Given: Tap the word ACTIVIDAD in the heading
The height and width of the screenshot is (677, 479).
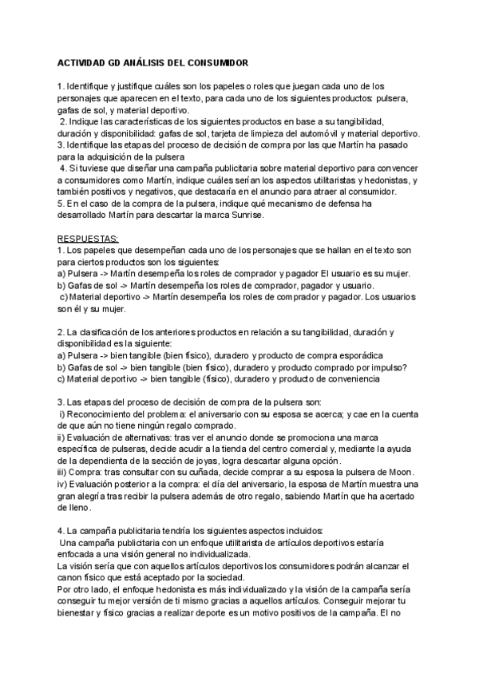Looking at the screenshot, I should pyautogui.click(x=84, y=61).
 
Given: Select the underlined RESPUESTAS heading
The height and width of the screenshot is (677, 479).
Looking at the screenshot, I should pyautogui.click(x=88, y=239).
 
